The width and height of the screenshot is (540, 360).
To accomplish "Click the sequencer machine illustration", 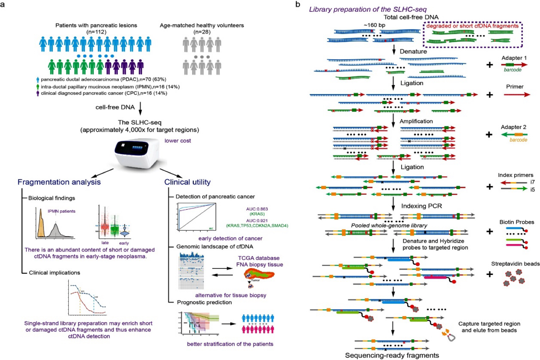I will pyautogui.click(x=136, y=153).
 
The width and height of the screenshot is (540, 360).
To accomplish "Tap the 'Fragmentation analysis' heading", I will pyautogui.click(x=59, y=182).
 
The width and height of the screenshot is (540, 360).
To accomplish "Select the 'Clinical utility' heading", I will pyautogui.click(x=187, y=182).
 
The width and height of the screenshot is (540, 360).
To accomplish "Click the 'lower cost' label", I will pyautogui.click(x=177, y=141).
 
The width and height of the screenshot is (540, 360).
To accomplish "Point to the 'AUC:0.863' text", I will pyautogui.click(x=257, y=209).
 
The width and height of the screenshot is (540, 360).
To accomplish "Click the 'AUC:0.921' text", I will pyautogui.click(x=257, y=220).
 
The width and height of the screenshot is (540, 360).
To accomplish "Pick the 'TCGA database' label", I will pyautogui.click(x=258, y=258).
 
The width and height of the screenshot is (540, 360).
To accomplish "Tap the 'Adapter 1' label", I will pyautogui.click(x=514, y=58).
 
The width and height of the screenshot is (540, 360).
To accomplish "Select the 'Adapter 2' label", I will pyautogui.click(x=513, y=127).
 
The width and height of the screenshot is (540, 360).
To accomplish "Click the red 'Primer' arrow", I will pyautogui.click(x=516, y=95).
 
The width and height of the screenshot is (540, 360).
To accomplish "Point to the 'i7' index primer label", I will pyautogui.click(x=532, y=182).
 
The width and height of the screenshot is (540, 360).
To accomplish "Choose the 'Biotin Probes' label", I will pyautogui.click(x=516, y=222).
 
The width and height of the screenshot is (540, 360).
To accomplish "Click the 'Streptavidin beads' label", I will pyautogui.click(x=515, y=264).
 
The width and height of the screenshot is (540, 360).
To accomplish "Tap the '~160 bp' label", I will pyautogui.click(x=374, y=25).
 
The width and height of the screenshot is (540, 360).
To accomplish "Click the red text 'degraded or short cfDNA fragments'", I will pyautogui.click(x=472, y=26).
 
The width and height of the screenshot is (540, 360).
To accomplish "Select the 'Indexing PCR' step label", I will pyautogui.click(x=421, y=206).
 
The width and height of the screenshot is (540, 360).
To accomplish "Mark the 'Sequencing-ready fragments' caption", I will pyautogui.click(x=391, y=355).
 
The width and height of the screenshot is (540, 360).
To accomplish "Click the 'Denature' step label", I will pyautogui.click(x=413, y=51).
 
